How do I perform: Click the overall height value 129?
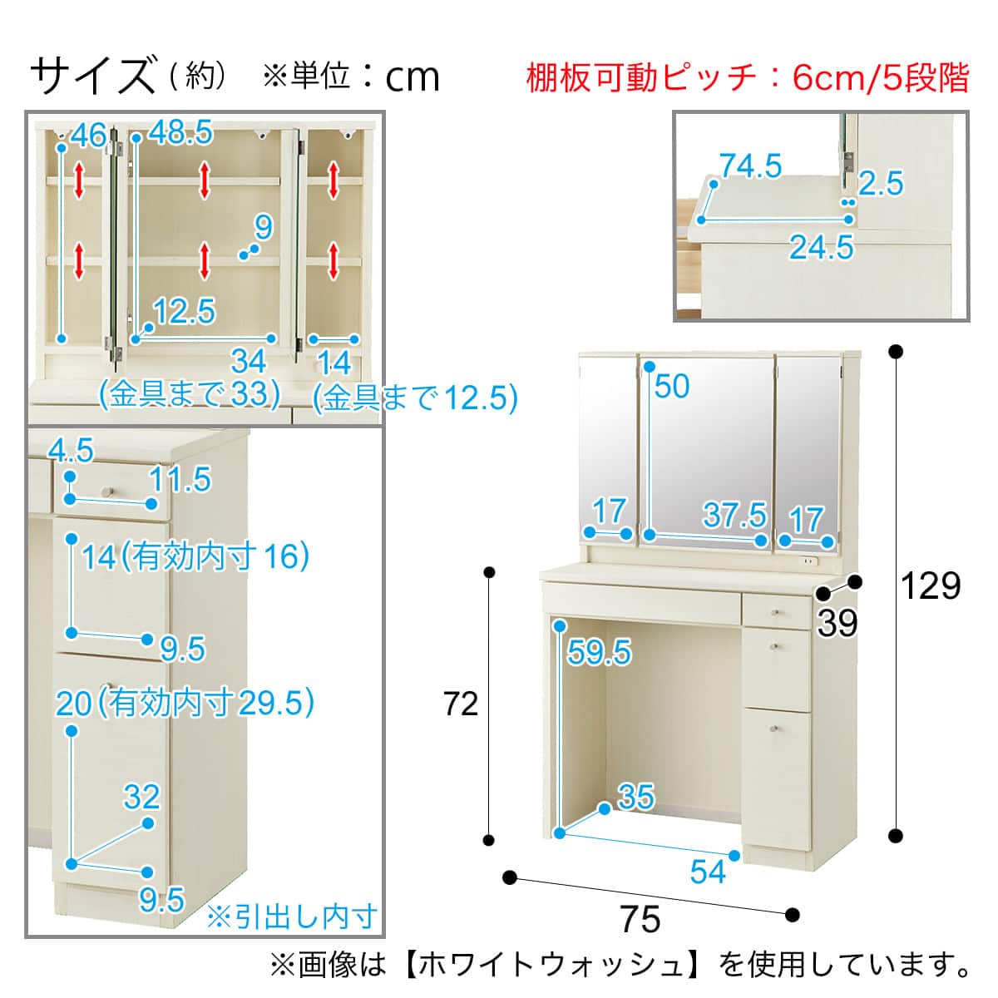(x=931, y=586)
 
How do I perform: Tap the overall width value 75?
(x=640, y=919)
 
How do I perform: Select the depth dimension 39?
(x=837, y=622)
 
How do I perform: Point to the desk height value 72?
(x=461, y=704)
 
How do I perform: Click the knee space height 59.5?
(x=599, y=653)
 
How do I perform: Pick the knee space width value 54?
(x=708, y=871)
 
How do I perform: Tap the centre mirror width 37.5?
(x=734, y=515)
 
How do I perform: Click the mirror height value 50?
(x=672, y=386)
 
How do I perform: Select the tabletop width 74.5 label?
(x=750, y=166)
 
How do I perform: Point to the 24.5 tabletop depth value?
(x=821, y=247)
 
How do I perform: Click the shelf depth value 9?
(x=264, y=226)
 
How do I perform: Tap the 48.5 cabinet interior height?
(x=180, y=133)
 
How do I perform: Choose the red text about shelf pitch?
(x=748, y=78)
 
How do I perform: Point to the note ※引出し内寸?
(x=291, y=916)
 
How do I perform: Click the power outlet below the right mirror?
(x=806, y=563)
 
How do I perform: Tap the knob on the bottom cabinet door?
(x=775, y=729)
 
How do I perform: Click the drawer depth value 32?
(x=141, y=797)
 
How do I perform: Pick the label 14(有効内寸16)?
(x=195, y=556)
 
